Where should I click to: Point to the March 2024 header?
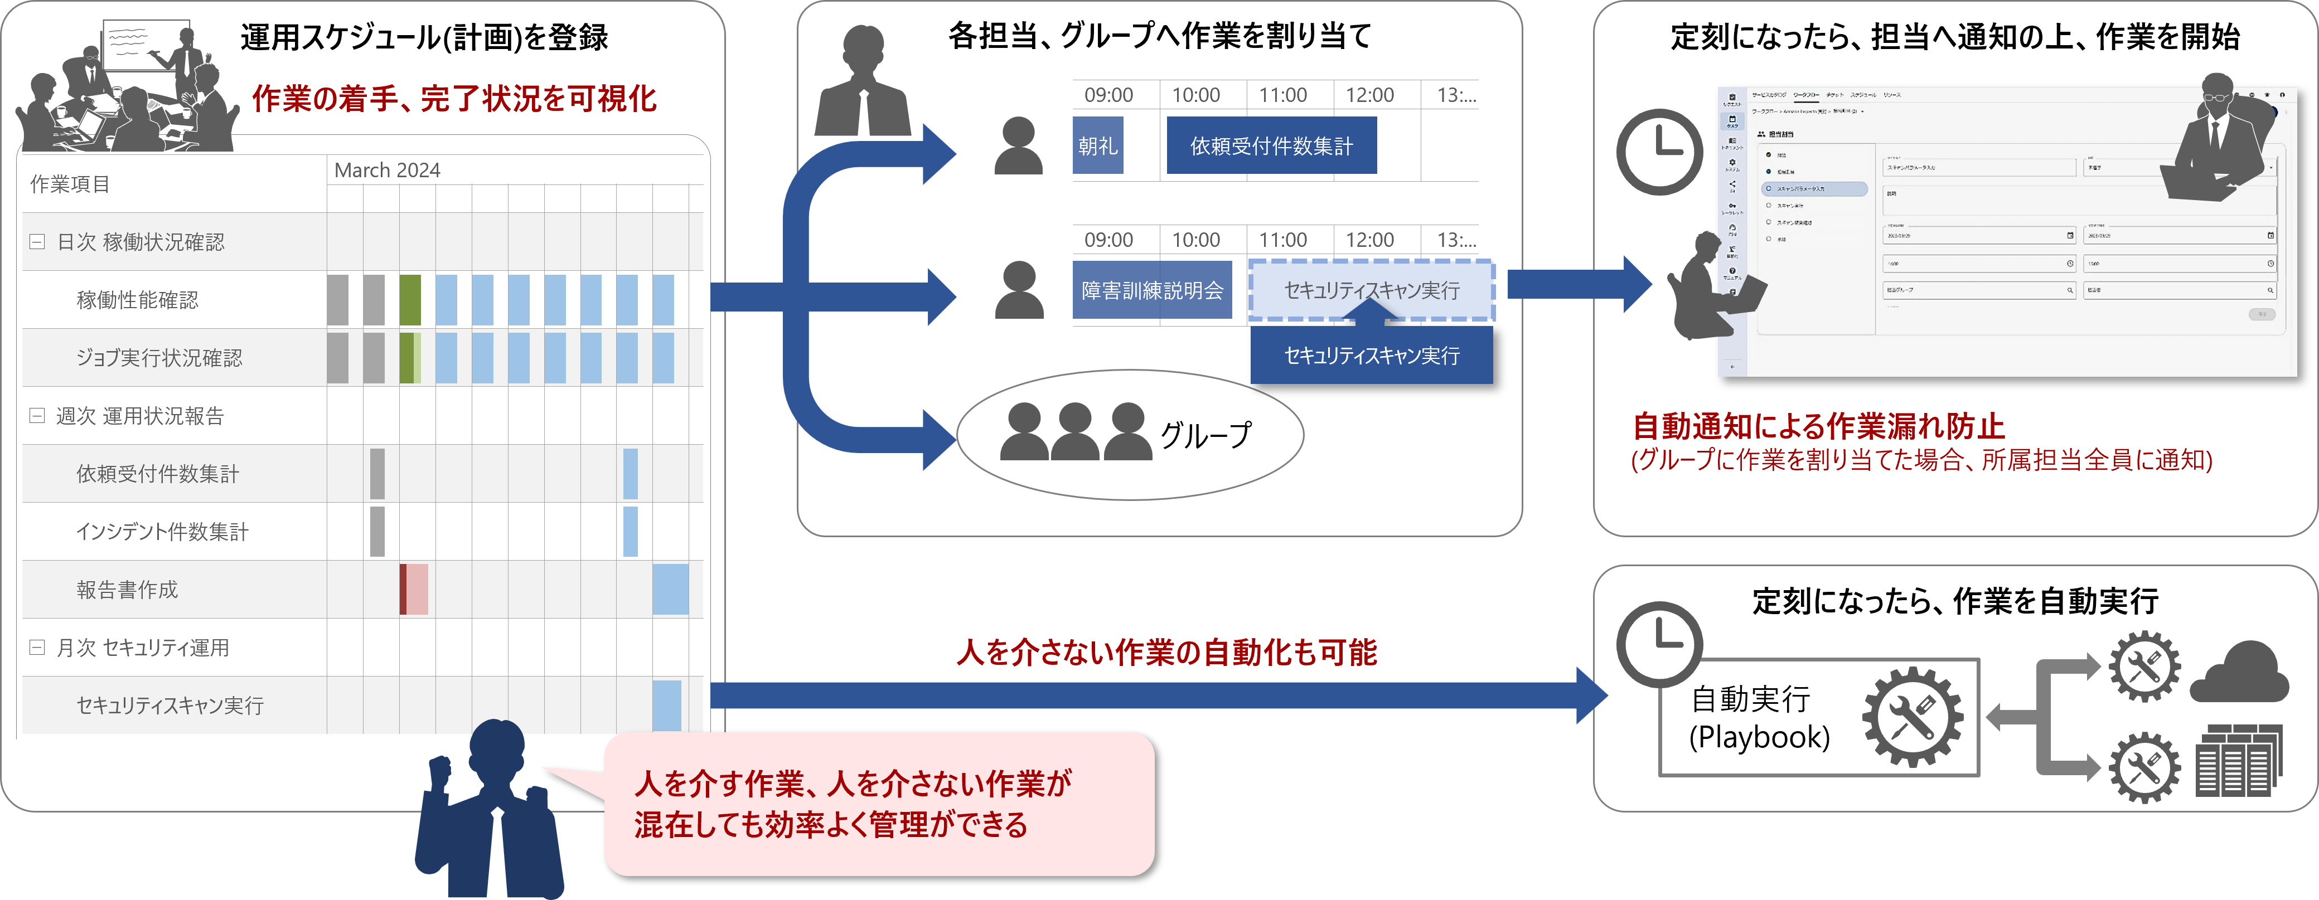[x=387, y=170]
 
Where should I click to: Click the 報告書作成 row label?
[x=127, y=590]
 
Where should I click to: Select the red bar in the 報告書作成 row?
[x=403, y=590]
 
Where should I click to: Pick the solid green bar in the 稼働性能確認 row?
[x=410, y=300]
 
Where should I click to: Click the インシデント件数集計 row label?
[x=162, y=532]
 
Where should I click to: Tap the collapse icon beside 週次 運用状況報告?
[x=37, y=416]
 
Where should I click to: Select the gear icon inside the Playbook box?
[x=1912, y=717]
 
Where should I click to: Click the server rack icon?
[x=2238, y=761]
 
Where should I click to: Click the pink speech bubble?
[x=878, y=804]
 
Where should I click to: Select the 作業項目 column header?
[x=70, y=184]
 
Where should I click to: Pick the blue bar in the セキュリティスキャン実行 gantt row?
[x=666, y=705]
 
